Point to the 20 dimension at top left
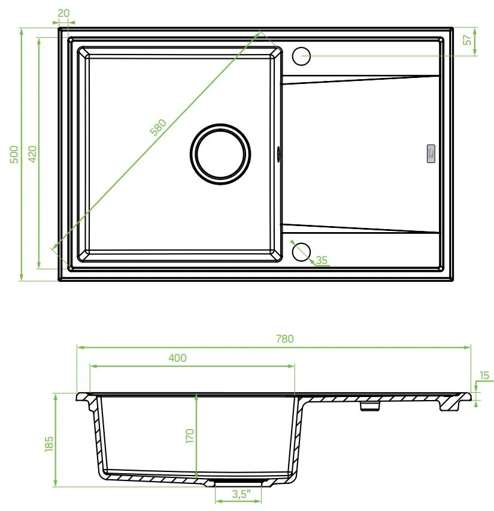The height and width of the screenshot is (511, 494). pos(65,13)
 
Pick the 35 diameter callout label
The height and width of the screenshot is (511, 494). pos(322,260)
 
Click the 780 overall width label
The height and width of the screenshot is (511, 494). pos(285,339)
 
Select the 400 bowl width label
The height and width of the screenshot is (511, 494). pos(177,358)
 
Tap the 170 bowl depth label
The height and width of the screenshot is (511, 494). pos(189,436)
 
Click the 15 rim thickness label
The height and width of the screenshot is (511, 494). pos(484,376)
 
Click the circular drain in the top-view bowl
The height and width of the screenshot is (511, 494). pos(219,153)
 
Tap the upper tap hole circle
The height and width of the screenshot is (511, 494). pos(301,56)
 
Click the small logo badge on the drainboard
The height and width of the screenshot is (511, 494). pos(430,153)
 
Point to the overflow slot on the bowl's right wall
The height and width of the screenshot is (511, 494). pos(278,153)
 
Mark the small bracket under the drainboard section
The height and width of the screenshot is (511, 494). pos(369,406)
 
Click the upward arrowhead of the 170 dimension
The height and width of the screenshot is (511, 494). pos(197,396)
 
